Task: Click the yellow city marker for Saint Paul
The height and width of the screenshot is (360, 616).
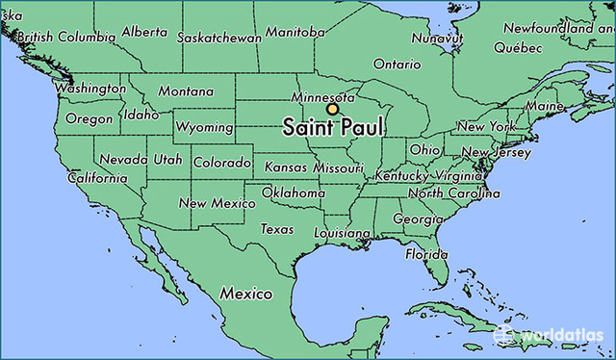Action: pyautogui.click(x=332, y=110)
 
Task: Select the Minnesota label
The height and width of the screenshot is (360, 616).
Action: pyautogui.click(x=324, y=98)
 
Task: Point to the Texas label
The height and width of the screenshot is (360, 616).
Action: pyautogui.click(x=277, y=229)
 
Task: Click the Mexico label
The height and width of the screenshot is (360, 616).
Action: pyautogui.click(x=245, y=292)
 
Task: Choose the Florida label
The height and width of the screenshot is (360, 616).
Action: pyautogui.click(x=425, y=254)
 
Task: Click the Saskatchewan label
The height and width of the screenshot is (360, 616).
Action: pyautogui.click(x=218, y=38)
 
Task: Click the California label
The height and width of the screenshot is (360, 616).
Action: pyautogui.click(x=97, y=178)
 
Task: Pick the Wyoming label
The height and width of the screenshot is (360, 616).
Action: pyautogui.click(x=204, y=127)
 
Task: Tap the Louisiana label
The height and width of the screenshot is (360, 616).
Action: pyautogui.click(x=342, y=234)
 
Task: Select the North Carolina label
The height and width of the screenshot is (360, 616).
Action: pyautogui.click(x=453, y=193)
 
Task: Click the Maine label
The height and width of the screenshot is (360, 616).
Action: pyautogui.click(x=544, y=105)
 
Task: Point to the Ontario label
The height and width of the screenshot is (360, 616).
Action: pyautogui.click(x=397, y=64)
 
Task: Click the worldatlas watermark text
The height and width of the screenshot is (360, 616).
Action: pyautogui.click(x=562, y=336)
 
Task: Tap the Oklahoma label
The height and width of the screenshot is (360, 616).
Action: pyautogui.click(x=293, y=193)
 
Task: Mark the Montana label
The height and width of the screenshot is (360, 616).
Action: pyautogui.click(x=186, y=91)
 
